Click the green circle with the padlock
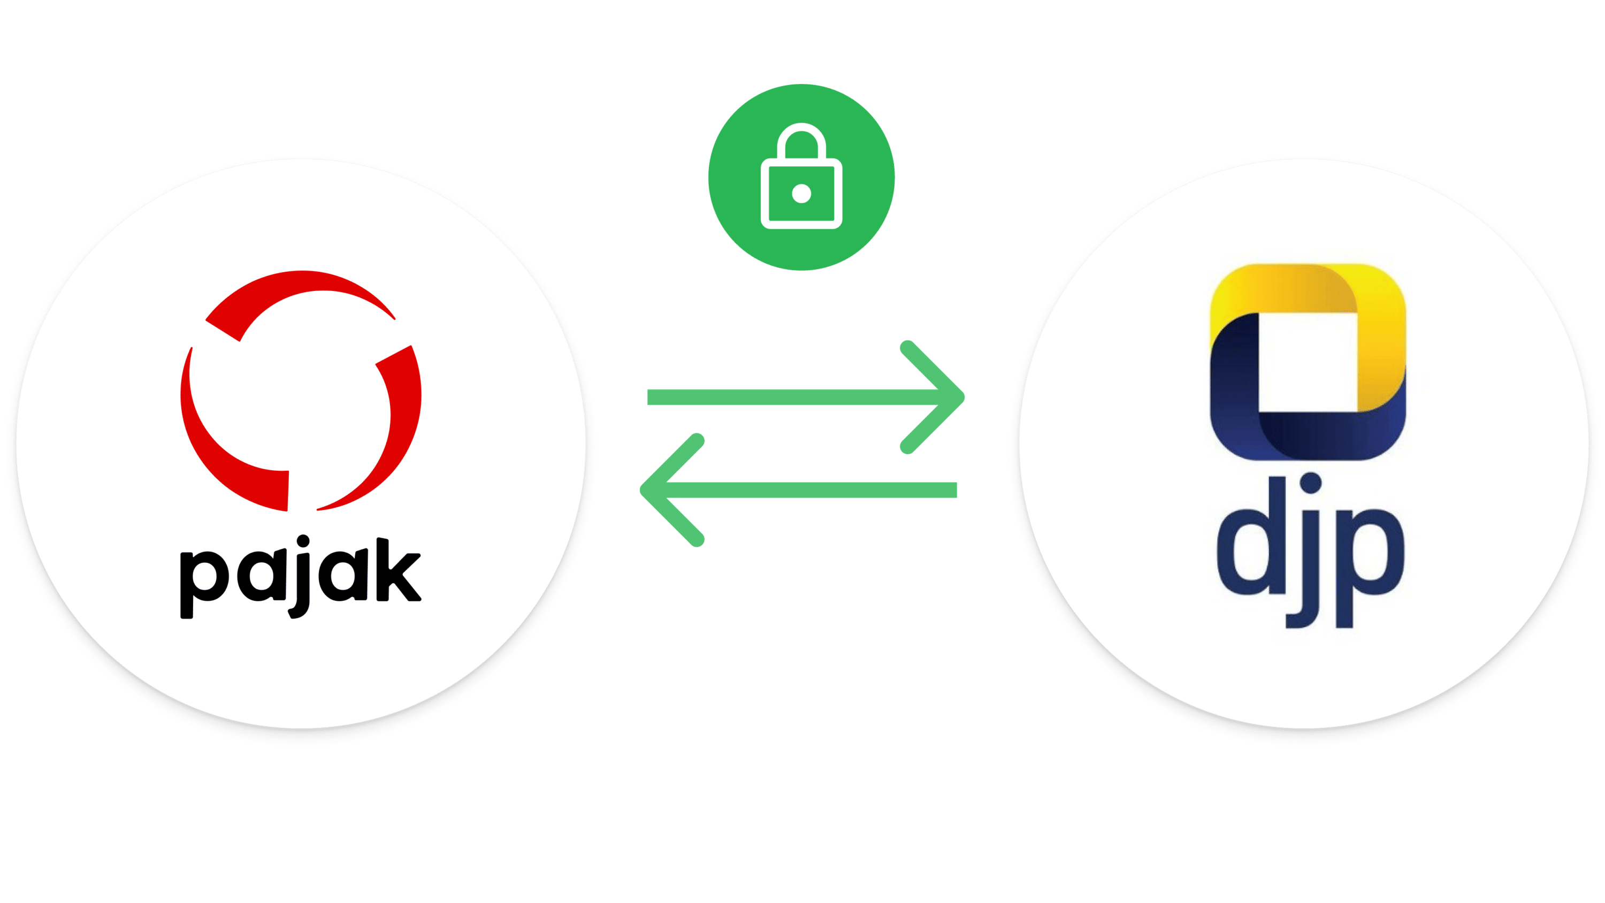(x=801, y=178)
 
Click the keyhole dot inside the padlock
(x=801, y=194)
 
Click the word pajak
(x=301, y=577)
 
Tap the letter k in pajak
(x=399, y=570)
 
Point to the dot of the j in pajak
(x=303, y=541)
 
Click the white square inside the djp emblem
(x=1308, y=362)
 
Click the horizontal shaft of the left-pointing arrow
(x=810, y=490)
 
